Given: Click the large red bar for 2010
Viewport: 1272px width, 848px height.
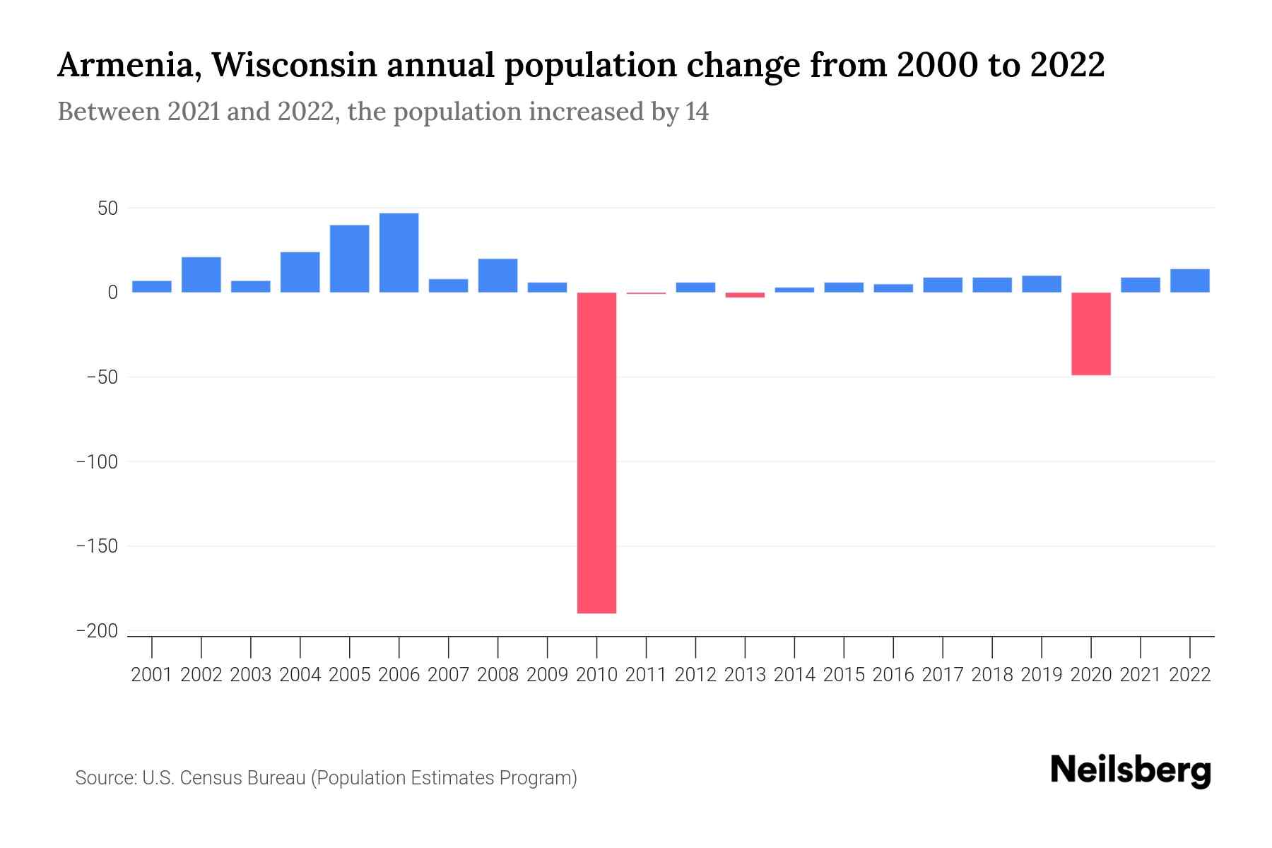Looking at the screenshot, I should pos(596,452).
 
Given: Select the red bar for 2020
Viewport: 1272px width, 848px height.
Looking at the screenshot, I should pos(1090,334).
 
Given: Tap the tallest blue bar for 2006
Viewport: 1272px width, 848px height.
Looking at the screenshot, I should pos(399,253).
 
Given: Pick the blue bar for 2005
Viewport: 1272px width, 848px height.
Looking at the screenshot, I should pos(349,259).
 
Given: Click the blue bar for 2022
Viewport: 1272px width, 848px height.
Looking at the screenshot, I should pos(1189,281).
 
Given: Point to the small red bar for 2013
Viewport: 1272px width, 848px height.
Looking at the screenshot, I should pos(745,295).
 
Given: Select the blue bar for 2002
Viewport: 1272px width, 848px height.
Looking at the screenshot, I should pos(201,275).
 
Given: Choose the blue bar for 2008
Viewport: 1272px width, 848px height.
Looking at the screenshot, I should pos(497,276).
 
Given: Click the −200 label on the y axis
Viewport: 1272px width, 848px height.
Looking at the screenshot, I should pos(97,631).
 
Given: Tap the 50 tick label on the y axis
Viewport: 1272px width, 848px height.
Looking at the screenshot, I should pos(107,208).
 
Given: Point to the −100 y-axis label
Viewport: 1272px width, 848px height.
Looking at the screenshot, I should pos(97,461).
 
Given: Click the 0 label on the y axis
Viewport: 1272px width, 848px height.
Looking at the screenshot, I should pos(112,293).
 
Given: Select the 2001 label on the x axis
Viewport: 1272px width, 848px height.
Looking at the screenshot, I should pos(152,675).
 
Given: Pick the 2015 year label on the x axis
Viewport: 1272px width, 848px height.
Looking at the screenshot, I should pos(844,675).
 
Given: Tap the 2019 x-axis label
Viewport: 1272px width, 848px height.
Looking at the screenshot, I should pos(1041,675).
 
